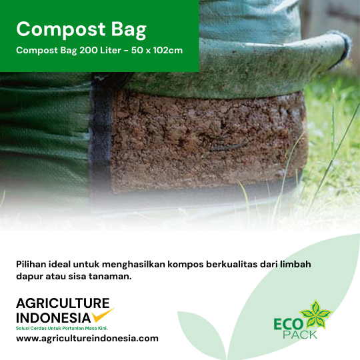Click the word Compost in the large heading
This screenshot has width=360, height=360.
(x=61, y=29)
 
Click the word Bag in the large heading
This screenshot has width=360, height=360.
(x=129, y=29)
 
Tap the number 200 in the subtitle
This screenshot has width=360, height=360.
(x=89, y=50)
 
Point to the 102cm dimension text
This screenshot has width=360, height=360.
(x=168, y=50)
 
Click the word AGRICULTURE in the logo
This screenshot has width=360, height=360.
(x=63, y=303)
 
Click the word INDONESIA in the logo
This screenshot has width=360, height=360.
(x=53, y=318)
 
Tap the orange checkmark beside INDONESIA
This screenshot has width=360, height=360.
(x=103, y=315)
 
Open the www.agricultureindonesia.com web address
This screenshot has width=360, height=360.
(x=87, y=339)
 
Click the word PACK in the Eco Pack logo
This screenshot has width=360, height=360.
(x=300, y=335)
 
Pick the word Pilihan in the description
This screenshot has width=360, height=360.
(x=31, y=264)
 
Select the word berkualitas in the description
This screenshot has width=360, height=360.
(x=231, y=264)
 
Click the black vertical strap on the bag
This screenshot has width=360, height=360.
(x=100, y=135)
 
